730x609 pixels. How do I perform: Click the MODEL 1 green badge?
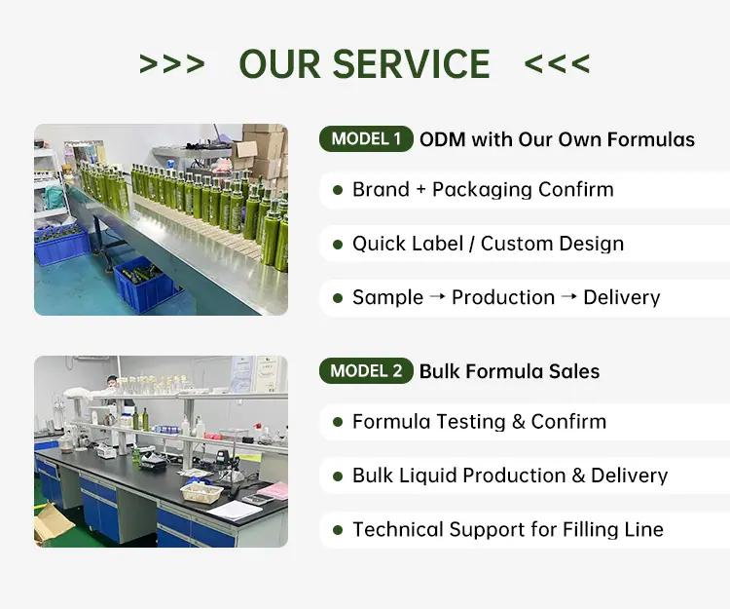point(366,139)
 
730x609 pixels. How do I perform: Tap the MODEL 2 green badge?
point(366,371)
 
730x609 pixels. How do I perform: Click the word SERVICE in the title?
point(411,64)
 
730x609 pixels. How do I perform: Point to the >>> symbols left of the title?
point(171,64)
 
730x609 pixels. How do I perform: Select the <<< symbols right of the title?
point(557,64)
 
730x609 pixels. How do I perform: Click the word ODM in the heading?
point(442,139)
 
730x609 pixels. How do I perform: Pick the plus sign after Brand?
point(420,190)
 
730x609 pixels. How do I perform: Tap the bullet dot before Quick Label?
point(338,245)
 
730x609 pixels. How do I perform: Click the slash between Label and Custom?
point(472,244)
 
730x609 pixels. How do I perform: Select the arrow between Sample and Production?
point(437,296)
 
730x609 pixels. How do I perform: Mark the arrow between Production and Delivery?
point(569,296)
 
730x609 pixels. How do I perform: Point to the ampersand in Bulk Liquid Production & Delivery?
point(578,476)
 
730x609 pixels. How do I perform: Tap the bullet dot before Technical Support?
point(338,530)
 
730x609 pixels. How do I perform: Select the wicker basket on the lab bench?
point(202,492)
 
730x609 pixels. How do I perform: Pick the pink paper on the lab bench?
point(273,490)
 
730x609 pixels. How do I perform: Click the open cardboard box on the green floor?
point(52,521)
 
